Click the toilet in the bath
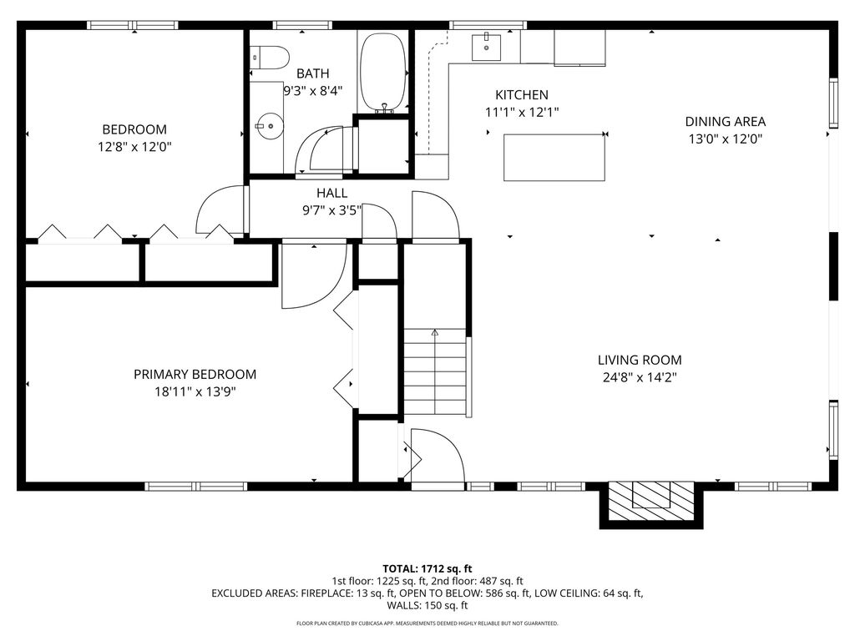click(x=270, y=58)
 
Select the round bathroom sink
click(x=270, y=127)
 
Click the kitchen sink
click(x=486, y=47)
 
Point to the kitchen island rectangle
click(x=554, y=158)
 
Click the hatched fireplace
click(x=651, y=501)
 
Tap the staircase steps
click(x=435, y=371)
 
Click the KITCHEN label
click(x=522, y=95)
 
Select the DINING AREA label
click(x=726, y=122)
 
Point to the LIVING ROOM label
click(x=640, y=360)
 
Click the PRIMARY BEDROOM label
click(x=195, y=375)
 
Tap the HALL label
click(x=332, y=193)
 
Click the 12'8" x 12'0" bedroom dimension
click(x=134, y=147)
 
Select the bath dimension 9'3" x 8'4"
click(x=313, y=90)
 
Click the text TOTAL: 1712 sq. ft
click(x=427, y=569)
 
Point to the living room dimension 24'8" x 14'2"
click(x=640, y=377)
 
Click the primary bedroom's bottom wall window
click(x=195, y=487)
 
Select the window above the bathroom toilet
click(x=302, y=24)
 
